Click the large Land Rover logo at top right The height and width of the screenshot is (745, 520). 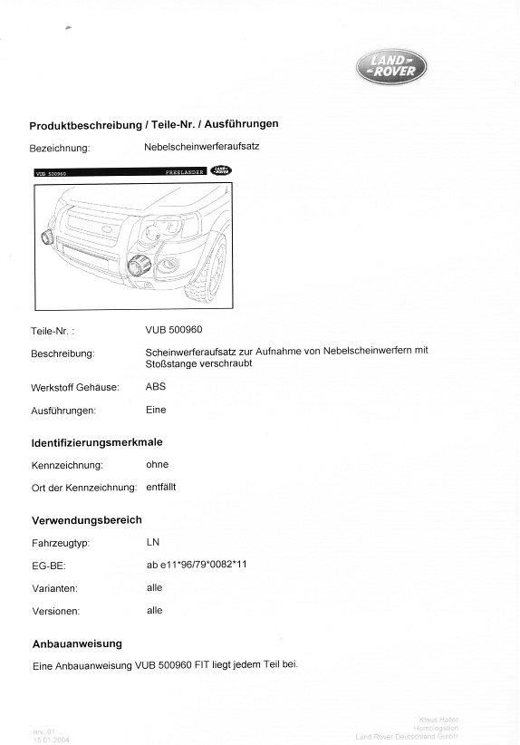click(x=390, y=66)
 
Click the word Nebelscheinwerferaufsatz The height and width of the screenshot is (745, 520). click(x=201, y=146)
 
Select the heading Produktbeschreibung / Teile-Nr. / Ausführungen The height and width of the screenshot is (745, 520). click(x=154, y=124)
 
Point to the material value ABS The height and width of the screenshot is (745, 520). click(x=156, y=386)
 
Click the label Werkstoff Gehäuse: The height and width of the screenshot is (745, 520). click(x=75, y=388)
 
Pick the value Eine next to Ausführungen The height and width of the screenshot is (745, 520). click(x=156, y=410)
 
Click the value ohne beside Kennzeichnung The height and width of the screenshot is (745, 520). click(x=158, y=464)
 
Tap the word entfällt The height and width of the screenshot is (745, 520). click(x=161, y=487)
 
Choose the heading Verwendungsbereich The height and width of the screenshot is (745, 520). click(x=87, y=519)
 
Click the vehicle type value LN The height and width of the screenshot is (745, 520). click(x=152, y=542)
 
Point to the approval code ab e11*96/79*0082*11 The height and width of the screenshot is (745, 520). click(x=197, y=565)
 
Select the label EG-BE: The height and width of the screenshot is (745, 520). click(x=49, y=566)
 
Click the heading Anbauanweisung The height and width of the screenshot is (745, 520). click(x=77, y=643)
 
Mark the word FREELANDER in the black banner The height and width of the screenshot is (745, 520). click(x=185, y=170)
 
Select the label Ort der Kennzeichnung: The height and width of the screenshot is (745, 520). click(x=83, y=489)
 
